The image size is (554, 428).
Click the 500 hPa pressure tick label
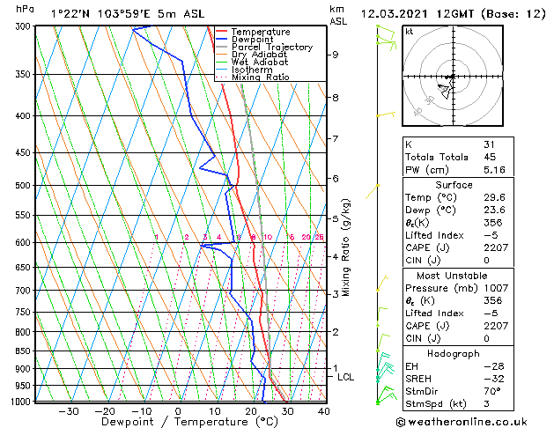pos(24,186)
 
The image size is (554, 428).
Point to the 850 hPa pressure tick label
pos(24,351)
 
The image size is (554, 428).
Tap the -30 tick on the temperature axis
pos(69,411)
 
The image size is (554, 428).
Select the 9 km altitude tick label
pos(336,55)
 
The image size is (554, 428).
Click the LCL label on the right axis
pos(346,377)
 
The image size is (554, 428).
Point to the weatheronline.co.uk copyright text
pos(461,421)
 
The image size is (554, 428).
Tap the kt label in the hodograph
pos(409,32)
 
